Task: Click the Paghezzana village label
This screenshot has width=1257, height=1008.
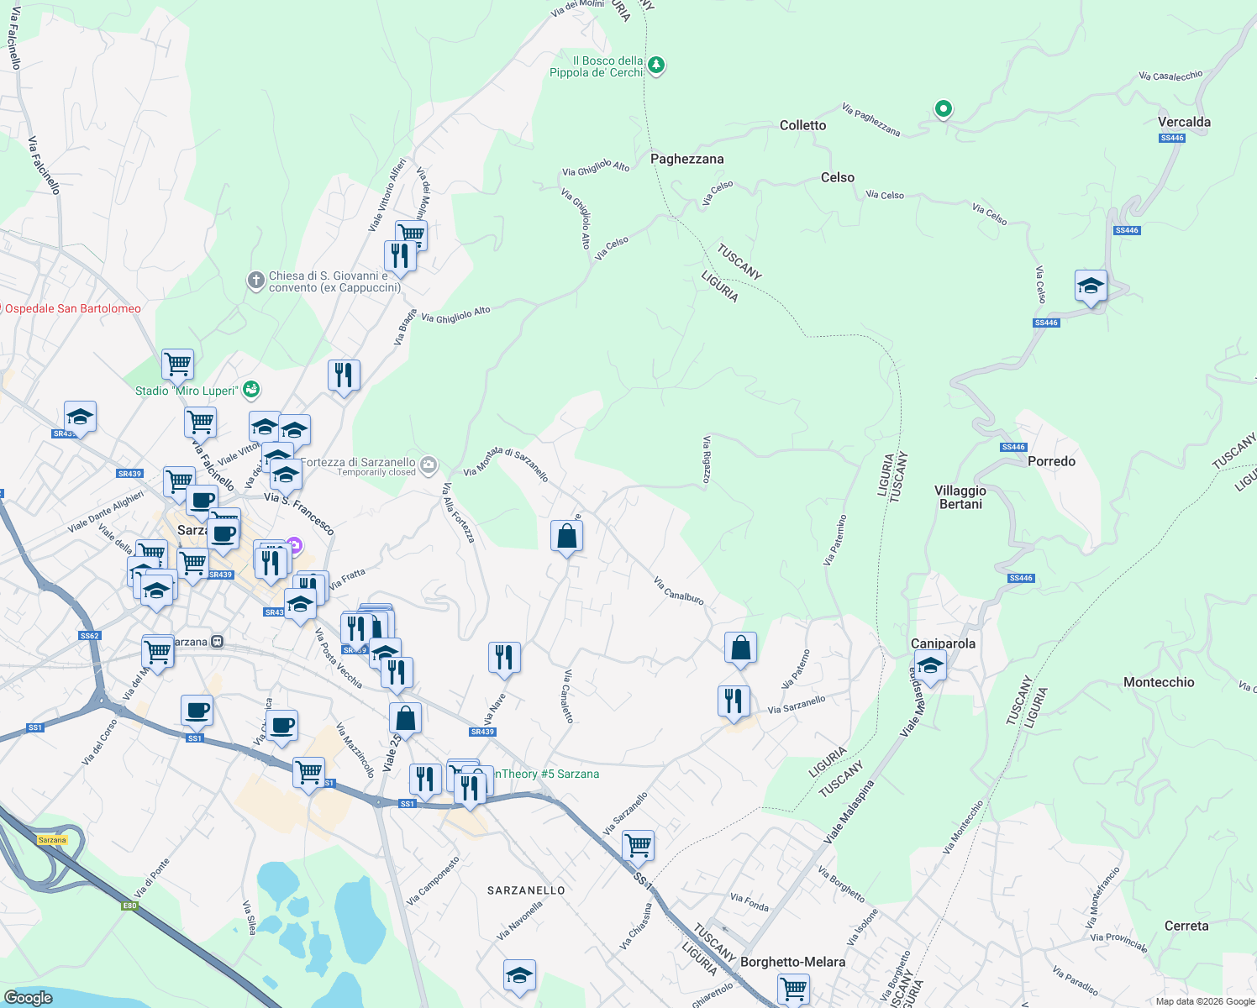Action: tap(686, 159)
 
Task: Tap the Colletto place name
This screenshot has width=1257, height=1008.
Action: tap(802, 125)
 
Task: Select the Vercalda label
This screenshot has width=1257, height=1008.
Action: tap(1184, 122)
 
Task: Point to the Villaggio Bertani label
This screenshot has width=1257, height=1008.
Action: tap(960, 497)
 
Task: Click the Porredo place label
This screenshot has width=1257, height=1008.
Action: tap(1051, 461)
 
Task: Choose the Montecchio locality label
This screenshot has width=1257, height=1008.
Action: tap(1159, 682)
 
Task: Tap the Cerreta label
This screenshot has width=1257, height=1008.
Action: tap(1186, 926)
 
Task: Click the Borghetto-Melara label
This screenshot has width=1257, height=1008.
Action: tap(792, 962)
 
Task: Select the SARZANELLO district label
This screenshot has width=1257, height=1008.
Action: tap(526, 890)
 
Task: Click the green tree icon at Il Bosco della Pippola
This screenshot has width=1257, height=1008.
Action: tap(656, 65)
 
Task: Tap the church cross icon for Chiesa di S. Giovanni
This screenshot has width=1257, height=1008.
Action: tap(256, 281)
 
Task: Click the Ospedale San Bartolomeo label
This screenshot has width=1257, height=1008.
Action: tap(73, 308)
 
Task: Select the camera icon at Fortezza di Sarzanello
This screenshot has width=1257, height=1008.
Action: tap(429, 464)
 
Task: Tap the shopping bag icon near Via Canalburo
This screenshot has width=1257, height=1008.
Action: tap(740, 648)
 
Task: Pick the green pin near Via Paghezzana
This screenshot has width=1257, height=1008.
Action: tap(944, 108)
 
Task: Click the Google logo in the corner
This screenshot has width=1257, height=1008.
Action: tap(28, 997)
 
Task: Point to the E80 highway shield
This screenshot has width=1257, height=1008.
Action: tap(129, 906)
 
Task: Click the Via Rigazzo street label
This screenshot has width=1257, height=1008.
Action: tap(707, 459)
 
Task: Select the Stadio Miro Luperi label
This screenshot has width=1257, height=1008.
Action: tap(187, 391)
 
